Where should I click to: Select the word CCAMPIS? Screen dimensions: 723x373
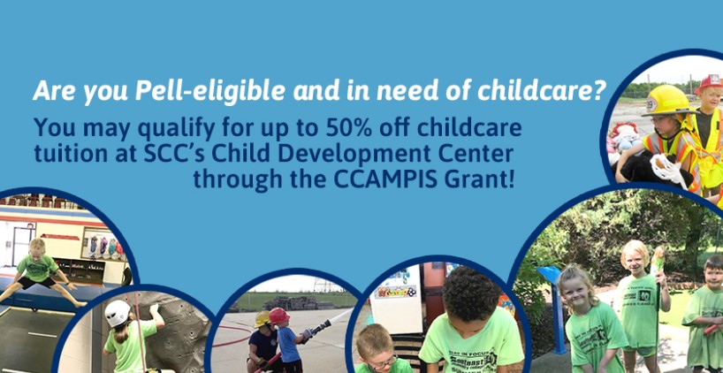(385, 179)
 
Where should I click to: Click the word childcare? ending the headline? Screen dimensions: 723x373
(541, 91)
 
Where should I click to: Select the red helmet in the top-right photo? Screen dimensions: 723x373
(710, 83)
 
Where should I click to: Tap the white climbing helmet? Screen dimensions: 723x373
(118, 313)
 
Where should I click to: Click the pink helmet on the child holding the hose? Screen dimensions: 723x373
(278, 316)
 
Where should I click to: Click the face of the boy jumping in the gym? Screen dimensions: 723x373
(38, 248)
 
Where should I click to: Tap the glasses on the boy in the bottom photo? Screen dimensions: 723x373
(379, 362)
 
